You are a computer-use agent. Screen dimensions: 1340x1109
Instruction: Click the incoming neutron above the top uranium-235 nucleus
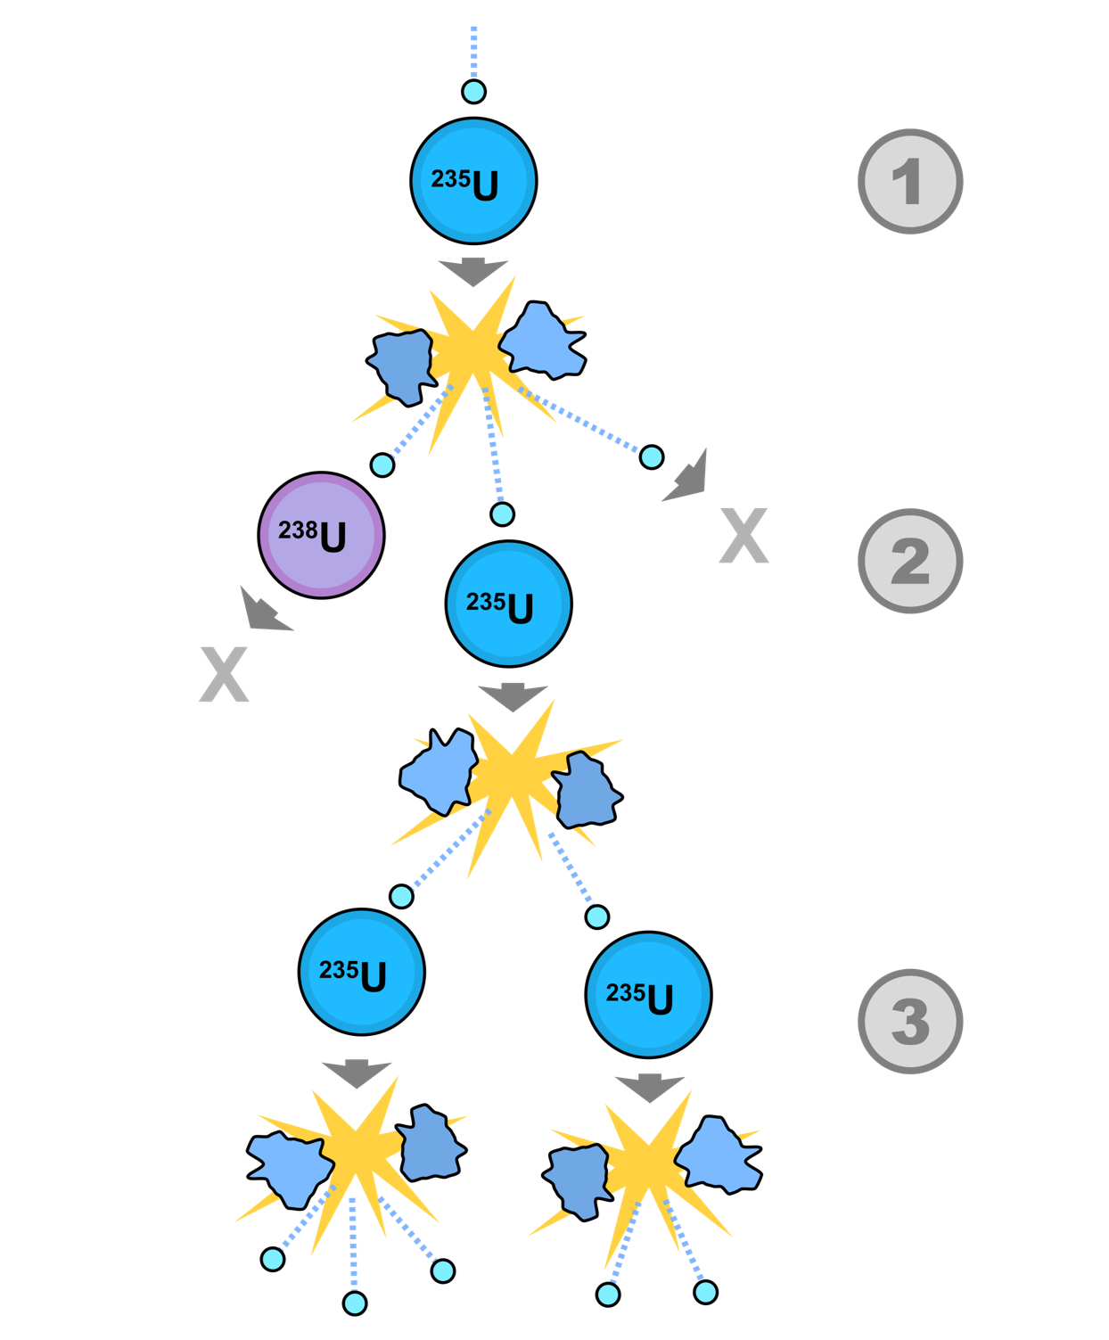pyautogui.click(x=473, y=92)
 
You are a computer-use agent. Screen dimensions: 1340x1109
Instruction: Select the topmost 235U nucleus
pyautogui.click(x=473, y=181)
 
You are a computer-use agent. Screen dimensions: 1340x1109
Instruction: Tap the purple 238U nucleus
pyautogui.click(x=321, y=535)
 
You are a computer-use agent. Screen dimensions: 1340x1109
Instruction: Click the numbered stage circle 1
pyautogui.click(x=910, y=182)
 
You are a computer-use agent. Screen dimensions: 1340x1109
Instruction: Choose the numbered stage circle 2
pyautogui.click(x=910, y=561)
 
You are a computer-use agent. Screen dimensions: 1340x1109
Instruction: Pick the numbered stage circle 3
pyautogui.click(x=910, y=1021)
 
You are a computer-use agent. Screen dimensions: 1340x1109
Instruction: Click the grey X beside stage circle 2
pyautogui.click(x=743, y=536)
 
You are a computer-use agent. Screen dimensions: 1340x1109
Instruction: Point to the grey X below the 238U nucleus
pyautogui.click(x=224, y=675)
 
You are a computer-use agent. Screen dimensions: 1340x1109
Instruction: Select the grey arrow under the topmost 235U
pyautogui.click(x=473, y=271)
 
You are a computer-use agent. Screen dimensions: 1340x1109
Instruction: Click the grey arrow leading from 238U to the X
pyautogui.click(x=264, y=612)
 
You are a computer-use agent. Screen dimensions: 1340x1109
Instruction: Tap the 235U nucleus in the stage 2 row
pyautogui.click(x=508, y=604)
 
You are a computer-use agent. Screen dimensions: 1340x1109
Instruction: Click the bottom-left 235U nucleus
pyautogui.click(x=361, y=972)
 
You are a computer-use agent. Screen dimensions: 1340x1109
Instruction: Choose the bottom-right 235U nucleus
pyautogui.click(x=648, y=995)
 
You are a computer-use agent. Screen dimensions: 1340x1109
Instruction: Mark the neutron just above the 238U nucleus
pyautogui.click(x=382, y=464)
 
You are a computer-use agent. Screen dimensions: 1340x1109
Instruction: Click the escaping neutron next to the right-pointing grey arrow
pyautogui.click(x=652, y=457)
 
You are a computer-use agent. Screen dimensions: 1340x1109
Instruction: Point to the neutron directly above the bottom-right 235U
pyautogui.click(x=597, y=917)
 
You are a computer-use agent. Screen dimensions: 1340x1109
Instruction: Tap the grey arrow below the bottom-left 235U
pyautogui.click(x=357, y=1073)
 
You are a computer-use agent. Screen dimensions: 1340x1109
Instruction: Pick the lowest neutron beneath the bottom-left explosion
pyautogui.click(x=355, y=1303)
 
